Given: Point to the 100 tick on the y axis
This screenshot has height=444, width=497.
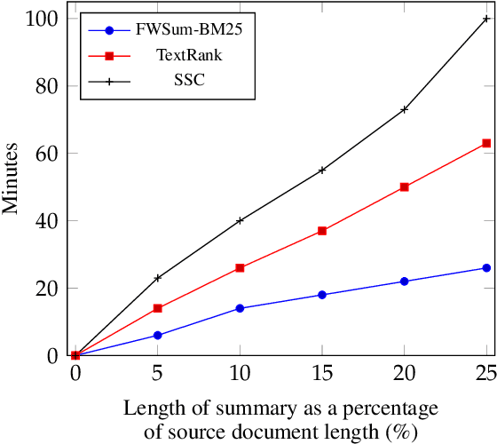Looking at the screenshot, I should click(x=47, y=19).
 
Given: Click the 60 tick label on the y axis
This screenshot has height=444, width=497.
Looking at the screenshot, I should click(x=51, y=154).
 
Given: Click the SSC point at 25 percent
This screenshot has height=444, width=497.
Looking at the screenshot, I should click(x=486, y=18).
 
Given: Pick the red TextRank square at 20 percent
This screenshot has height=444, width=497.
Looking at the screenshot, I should click(x=404, y=187).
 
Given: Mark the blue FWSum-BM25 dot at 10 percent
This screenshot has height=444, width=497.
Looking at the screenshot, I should click(x=240, y=308).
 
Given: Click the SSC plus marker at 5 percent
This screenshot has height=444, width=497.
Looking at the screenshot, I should click(x=158, y=278).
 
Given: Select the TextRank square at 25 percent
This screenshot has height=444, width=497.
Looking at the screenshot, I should click(x=486, y=143).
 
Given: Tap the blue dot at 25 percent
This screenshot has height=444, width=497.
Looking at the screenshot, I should click(x=486, y=268).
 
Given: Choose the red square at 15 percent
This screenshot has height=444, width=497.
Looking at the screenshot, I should click(x=322, y=231).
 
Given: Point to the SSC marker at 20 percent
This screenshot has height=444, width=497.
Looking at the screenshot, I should click(x=404, y=109).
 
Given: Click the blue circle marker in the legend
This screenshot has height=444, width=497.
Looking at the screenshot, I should click(x=109, y=29).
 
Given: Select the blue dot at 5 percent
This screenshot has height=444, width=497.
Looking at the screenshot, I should click(x=158, y=336).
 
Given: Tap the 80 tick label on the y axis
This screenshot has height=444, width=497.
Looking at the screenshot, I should click(x=51, y=86).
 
